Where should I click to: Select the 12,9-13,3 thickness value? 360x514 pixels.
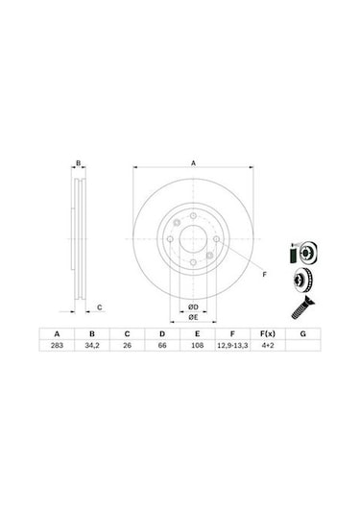(x=230, y=344)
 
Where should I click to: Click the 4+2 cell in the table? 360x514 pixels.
(x=268, y=344)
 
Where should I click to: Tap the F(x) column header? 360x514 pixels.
(x=268, y=332)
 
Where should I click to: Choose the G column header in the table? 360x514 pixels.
(x=302, y=332)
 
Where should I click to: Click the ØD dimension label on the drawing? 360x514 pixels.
(x=192, y=306)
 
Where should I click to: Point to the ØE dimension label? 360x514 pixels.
(x=192, y=316)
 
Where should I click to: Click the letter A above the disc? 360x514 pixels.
(x=192, y=163)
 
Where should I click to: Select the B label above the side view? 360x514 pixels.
(x=80, y=163)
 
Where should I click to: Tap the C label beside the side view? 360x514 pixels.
(x=100, y=307)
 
